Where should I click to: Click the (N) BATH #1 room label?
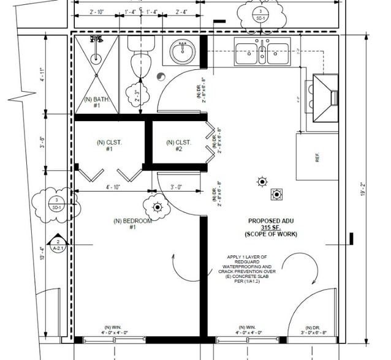(96, 102)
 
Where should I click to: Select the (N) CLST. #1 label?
(109, 145)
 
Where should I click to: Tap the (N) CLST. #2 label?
(178, 145)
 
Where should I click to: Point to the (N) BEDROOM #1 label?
(132, 224)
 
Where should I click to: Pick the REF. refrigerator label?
(317, 157)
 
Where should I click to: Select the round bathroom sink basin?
(182, 52)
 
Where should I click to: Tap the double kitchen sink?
(262, 53)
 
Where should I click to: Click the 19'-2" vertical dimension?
(364, 190)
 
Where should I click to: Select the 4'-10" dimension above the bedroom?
(112, 187)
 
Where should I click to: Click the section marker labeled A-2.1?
(57, 244)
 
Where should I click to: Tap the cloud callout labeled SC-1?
(261, 15)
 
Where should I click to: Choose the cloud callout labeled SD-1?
(56, 203)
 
